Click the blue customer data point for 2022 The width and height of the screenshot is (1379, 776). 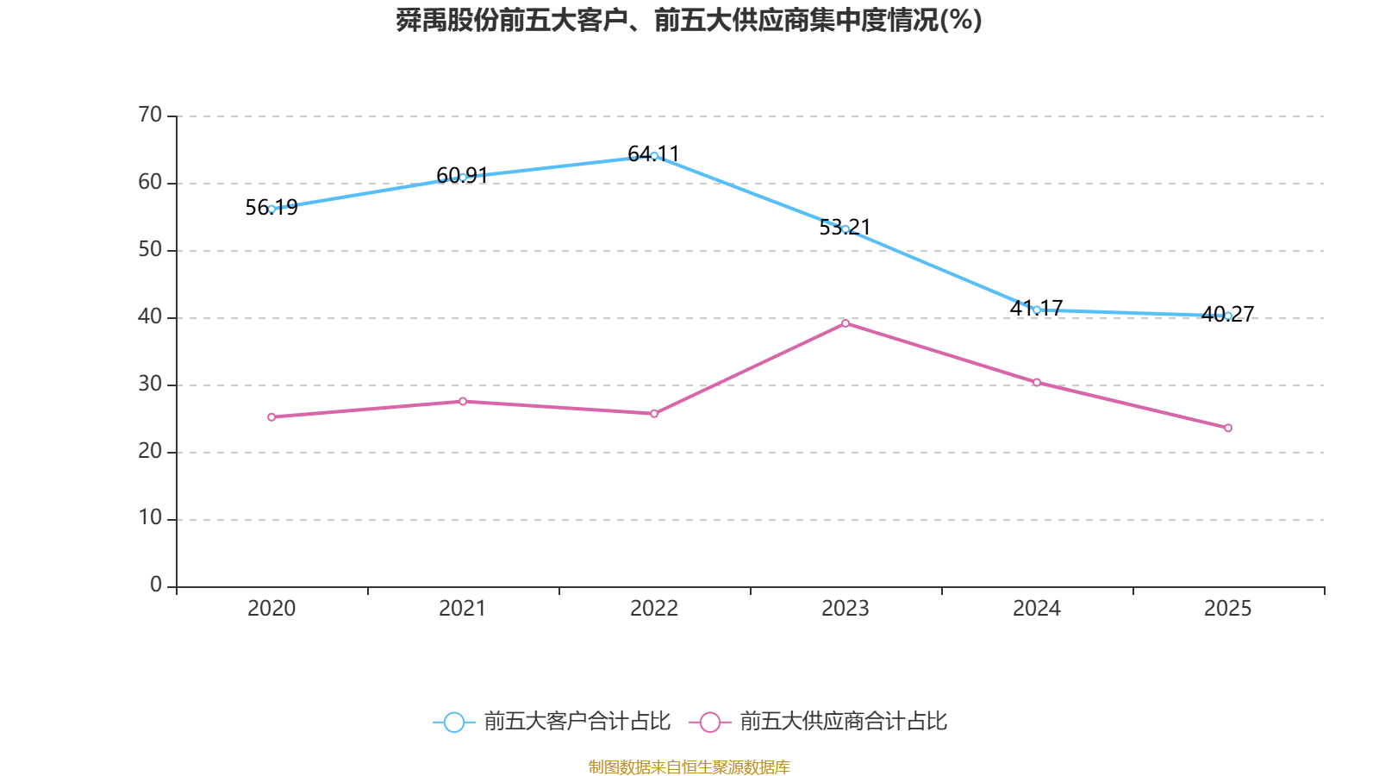tap(654, 156)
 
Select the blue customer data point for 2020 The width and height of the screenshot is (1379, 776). tap(271, 209)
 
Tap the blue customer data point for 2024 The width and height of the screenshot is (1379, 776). tap(1037, 310)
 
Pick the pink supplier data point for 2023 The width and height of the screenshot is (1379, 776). tap(845, 323)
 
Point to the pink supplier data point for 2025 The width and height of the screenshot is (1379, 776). tap(1228, 428)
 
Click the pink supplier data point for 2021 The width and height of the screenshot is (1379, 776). tap(463, 401)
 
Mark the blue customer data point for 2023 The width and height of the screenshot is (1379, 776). tap(845, 228)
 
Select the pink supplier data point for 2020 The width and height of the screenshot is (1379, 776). tap(271, 416)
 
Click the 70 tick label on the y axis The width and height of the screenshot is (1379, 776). tap(150, 115)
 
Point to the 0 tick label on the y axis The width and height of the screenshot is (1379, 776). tap(156, 585)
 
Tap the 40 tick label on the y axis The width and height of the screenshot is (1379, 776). tap(150, 316)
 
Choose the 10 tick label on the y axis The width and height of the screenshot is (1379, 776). tap(150, 518)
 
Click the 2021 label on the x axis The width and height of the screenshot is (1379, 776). tap(463, 609)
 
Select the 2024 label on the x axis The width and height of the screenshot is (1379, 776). tap(1037, 609)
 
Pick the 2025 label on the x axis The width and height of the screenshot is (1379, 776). tap(1228, 609)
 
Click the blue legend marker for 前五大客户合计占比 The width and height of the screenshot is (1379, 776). tap(453, 722)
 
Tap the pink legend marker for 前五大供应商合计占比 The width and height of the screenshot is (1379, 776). tap(709, 722)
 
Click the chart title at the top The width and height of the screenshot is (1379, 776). tap(689, 20)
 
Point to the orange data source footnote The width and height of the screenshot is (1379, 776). tap(689, 767)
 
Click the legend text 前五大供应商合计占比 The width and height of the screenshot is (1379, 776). tap(843, 722)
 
